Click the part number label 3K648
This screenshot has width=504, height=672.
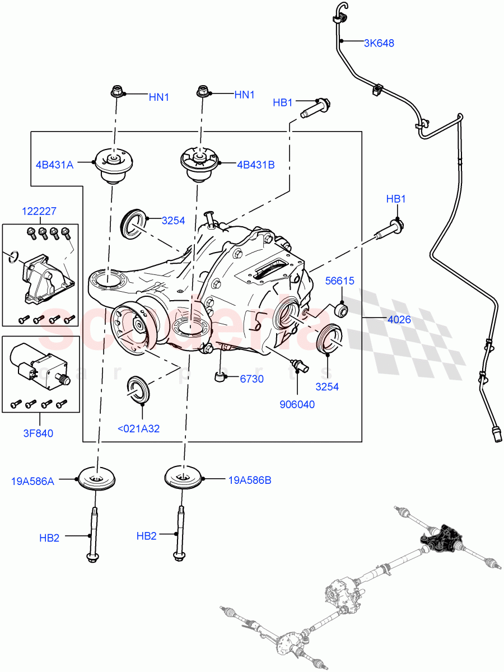(379, 43)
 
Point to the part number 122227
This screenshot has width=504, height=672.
(39, 211)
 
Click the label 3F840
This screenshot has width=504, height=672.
(39, 433)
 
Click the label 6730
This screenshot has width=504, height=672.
(252, 379)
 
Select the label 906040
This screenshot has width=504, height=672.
(297, 404)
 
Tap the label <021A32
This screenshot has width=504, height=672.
(138, 429)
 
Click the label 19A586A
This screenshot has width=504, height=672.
(32, 480)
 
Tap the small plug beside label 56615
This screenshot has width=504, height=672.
(340, 309)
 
